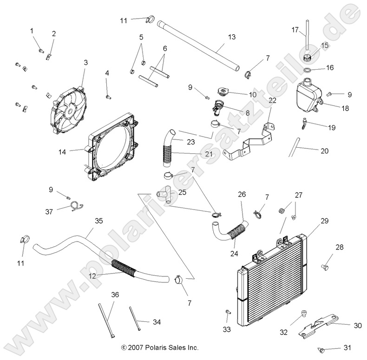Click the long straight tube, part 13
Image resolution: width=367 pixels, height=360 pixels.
click(200, 45)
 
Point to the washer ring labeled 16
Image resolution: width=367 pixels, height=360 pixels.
click(308, 70)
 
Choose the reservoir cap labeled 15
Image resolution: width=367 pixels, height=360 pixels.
click(308, 58)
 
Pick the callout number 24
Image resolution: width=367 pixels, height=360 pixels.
click(234, 254)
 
